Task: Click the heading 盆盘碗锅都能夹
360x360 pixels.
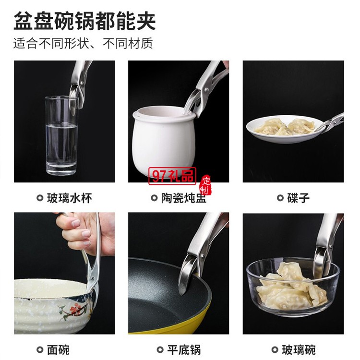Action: pyautogui.click(x=84, y=21)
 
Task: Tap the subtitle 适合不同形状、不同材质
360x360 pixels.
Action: pyautogui.click(x=83, y=43)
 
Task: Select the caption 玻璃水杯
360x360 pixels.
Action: pyautogui.click(x=69, y=198)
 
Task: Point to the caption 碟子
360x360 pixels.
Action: pyautogui.click(x=298, y=198)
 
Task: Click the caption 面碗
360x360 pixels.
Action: pyautogui.click(x=58, y=350)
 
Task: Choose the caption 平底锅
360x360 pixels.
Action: pyautogui.click(x=184, y=350)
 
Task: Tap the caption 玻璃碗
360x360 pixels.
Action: pyautogui.click(x=299, y=350)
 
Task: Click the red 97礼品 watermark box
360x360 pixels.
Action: pyautogui.click(x=172, y=176)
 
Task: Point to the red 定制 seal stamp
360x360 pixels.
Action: pyautogui.click(x=205, y=185)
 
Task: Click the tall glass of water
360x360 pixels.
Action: pyautogui.click(x=61, y=135)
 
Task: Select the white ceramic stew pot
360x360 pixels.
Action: pyautogui.click(x=164, y=142)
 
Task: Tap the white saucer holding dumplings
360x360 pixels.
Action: pyautogui.click(x=284, y=130)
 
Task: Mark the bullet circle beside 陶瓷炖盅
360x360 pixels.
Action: pyautogui.click(x=154, y=198)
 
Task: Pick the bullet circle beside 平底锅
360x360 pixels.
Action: pyautogui.click(x=160, y=350)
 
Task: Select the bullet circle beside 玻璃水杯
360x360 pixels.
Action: pyautogui.click(x=40, y=198)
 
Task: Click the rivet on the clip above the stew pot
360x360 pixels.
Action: pyautogui.click(x=206, y=89)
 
